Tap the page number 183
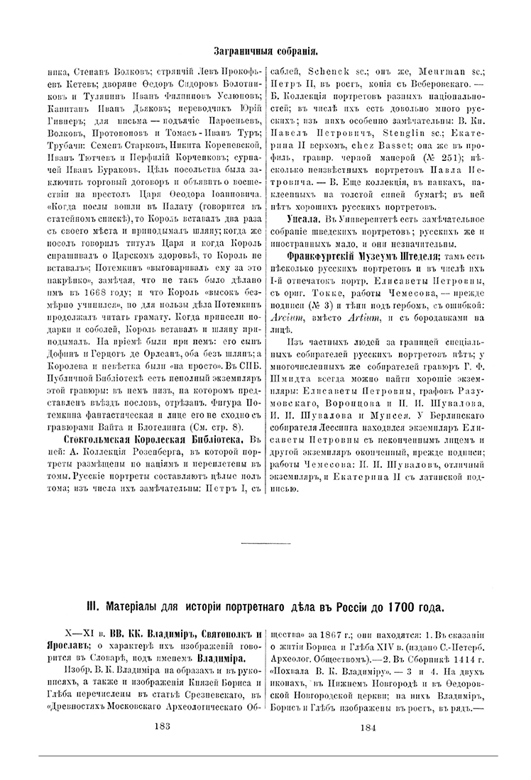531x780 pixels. (x=163, y=727)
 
